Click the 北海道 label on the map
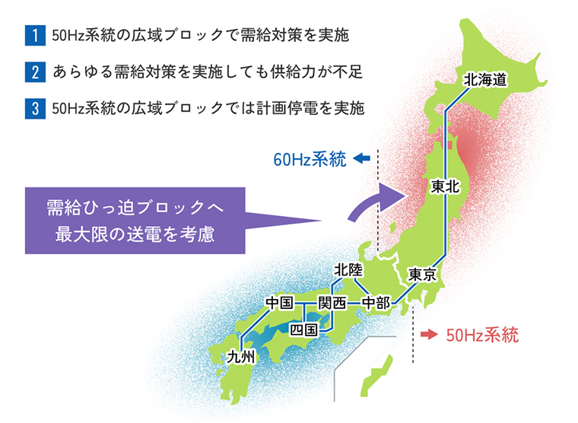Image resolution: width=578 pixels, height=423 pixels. pos(484,79)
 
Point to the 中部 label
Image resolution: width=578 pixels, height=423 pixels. pos(375,303)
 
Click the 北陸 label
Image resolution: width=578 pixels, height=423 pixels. pos(349,269)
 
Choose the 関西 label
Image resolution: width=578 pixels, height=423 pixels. pos(332,303)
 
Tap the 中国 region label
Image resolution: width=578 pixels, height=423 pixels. pos(280,303)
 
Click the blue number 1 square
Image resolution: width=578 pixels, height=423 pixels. pos(34,35)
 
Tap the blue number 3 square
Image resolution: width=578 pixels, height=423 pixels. pos(34,108)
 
